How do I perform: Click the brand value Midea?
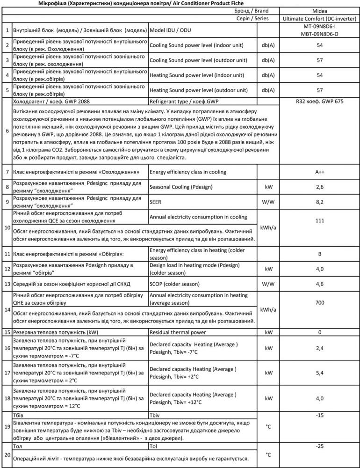(x=320, y=10)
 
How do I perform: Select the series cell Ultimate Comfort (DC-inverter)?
(x=320, y=18)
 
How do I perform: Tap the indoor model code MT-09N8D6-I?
(x=320, y=27)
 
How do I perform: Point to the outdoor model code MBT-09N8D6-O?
(x=320, y=34)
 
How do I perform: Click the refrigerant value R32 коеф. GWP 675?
(x=320, y=101)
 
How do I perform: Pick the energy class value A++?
(x=320, y=172)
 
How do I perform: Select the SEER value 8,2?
(x=320, y=202)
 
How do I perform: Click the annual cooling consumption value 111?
(x=320, y=220)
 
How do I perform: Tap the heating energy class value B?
(x=320, y=254)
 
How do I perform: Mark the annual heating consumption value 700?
(x=320, y=303)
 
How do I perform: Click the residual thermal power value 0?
(x=320, y=332)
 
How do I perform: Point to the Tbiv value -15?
(x=320, y=415)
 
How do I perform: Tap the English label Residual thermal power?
(x=178, y=332)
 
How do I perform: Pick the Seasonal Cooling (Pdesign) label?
(x=183, y=187)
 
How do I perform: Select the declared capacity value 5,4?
(x=320, y=373)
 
